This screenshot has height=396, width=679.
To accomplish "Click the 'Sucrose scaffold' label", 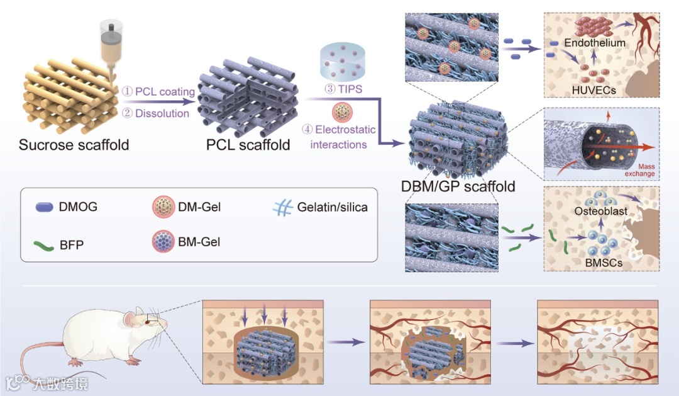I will click(x=74, y=145).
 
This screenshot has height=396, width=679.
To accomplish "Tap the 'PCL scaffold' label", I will click(x=248, y=145).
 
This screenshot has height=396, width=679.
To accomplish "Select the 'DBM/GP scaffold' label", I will click(x=458, y=186).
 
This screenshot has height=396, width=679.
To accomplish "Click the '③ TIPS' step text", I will click(x=343, y=89).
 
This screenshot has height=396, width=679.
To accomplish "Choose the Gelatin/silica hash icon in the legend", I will click(x=283, y=205).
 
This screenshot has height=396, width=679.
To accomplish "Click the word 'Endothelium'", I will click(x=594, y=43).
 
